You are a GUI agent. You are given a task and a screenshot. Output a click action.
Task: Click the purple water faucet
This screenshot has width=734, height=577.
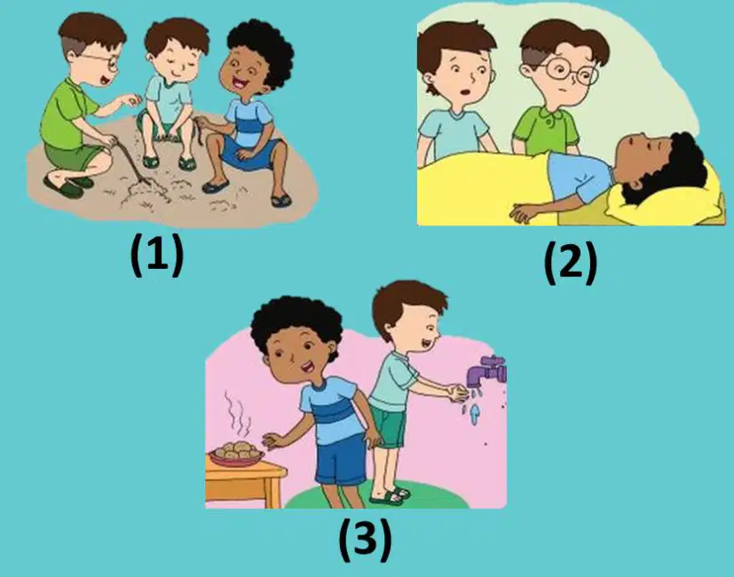pos(487,370)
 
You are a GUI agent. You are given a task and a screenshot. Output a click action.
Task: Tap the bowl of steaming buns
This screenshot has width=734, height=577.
pos(236,454)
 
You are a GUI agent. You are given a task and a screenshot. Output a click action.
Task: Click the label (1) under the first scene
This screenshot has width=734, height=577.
pos(157,256)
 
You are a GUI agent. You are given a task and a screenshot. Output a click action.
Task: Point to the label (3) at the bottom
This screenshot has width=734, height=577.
pos(365,540)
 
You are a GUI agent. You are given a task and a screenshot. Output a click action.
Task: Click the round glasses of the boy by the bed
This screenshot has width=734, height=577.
pos(570,71)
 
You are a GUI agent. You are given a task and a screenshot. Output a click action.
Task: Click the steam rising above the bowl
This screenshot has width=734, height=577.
pos(236,413)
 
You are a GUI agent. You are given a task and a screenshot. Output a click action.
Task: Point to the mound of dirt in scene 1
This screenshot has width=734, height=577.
pos(144,192)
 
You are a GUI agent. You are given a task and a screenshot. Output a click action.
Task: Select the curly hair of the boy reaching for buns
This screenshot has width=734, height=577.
pos(296,323)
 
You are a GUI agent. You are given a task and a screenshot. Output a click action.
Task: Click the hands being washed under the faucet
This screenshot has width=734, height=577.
pos(457,392)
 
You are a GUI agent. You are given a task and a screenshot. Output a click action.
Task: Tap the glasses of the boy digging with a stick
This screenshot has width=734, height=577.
pos(104,60)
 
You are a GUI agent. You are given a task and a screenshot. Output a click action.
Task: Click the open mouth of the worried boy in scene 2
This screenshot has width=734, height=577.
pos(464,91)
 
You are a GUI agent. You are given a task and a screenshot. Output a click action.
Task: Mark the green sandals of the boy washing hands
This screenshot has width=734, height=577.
pos(391,495)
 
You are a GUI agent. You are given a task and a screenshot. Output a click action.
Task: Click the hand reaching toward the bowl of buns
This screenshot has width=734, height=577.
pos(272,440)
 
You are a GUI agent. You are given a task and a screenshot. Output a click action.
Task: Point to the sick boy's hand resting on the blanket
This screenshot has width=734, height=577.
pos(524,213)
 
